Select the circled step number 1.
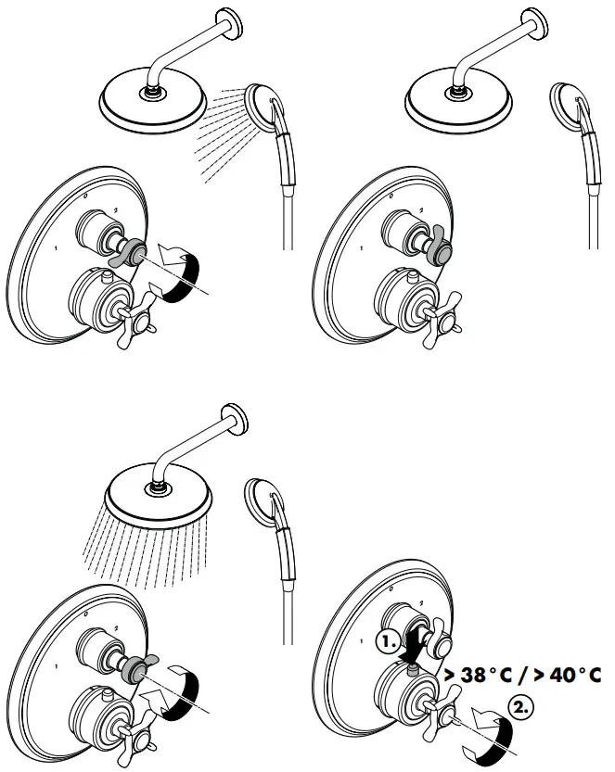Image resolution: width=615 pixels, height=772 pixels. pos(388,641)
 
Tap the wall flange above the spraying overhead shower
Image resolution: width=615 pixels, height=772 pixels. pos(234,422)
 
